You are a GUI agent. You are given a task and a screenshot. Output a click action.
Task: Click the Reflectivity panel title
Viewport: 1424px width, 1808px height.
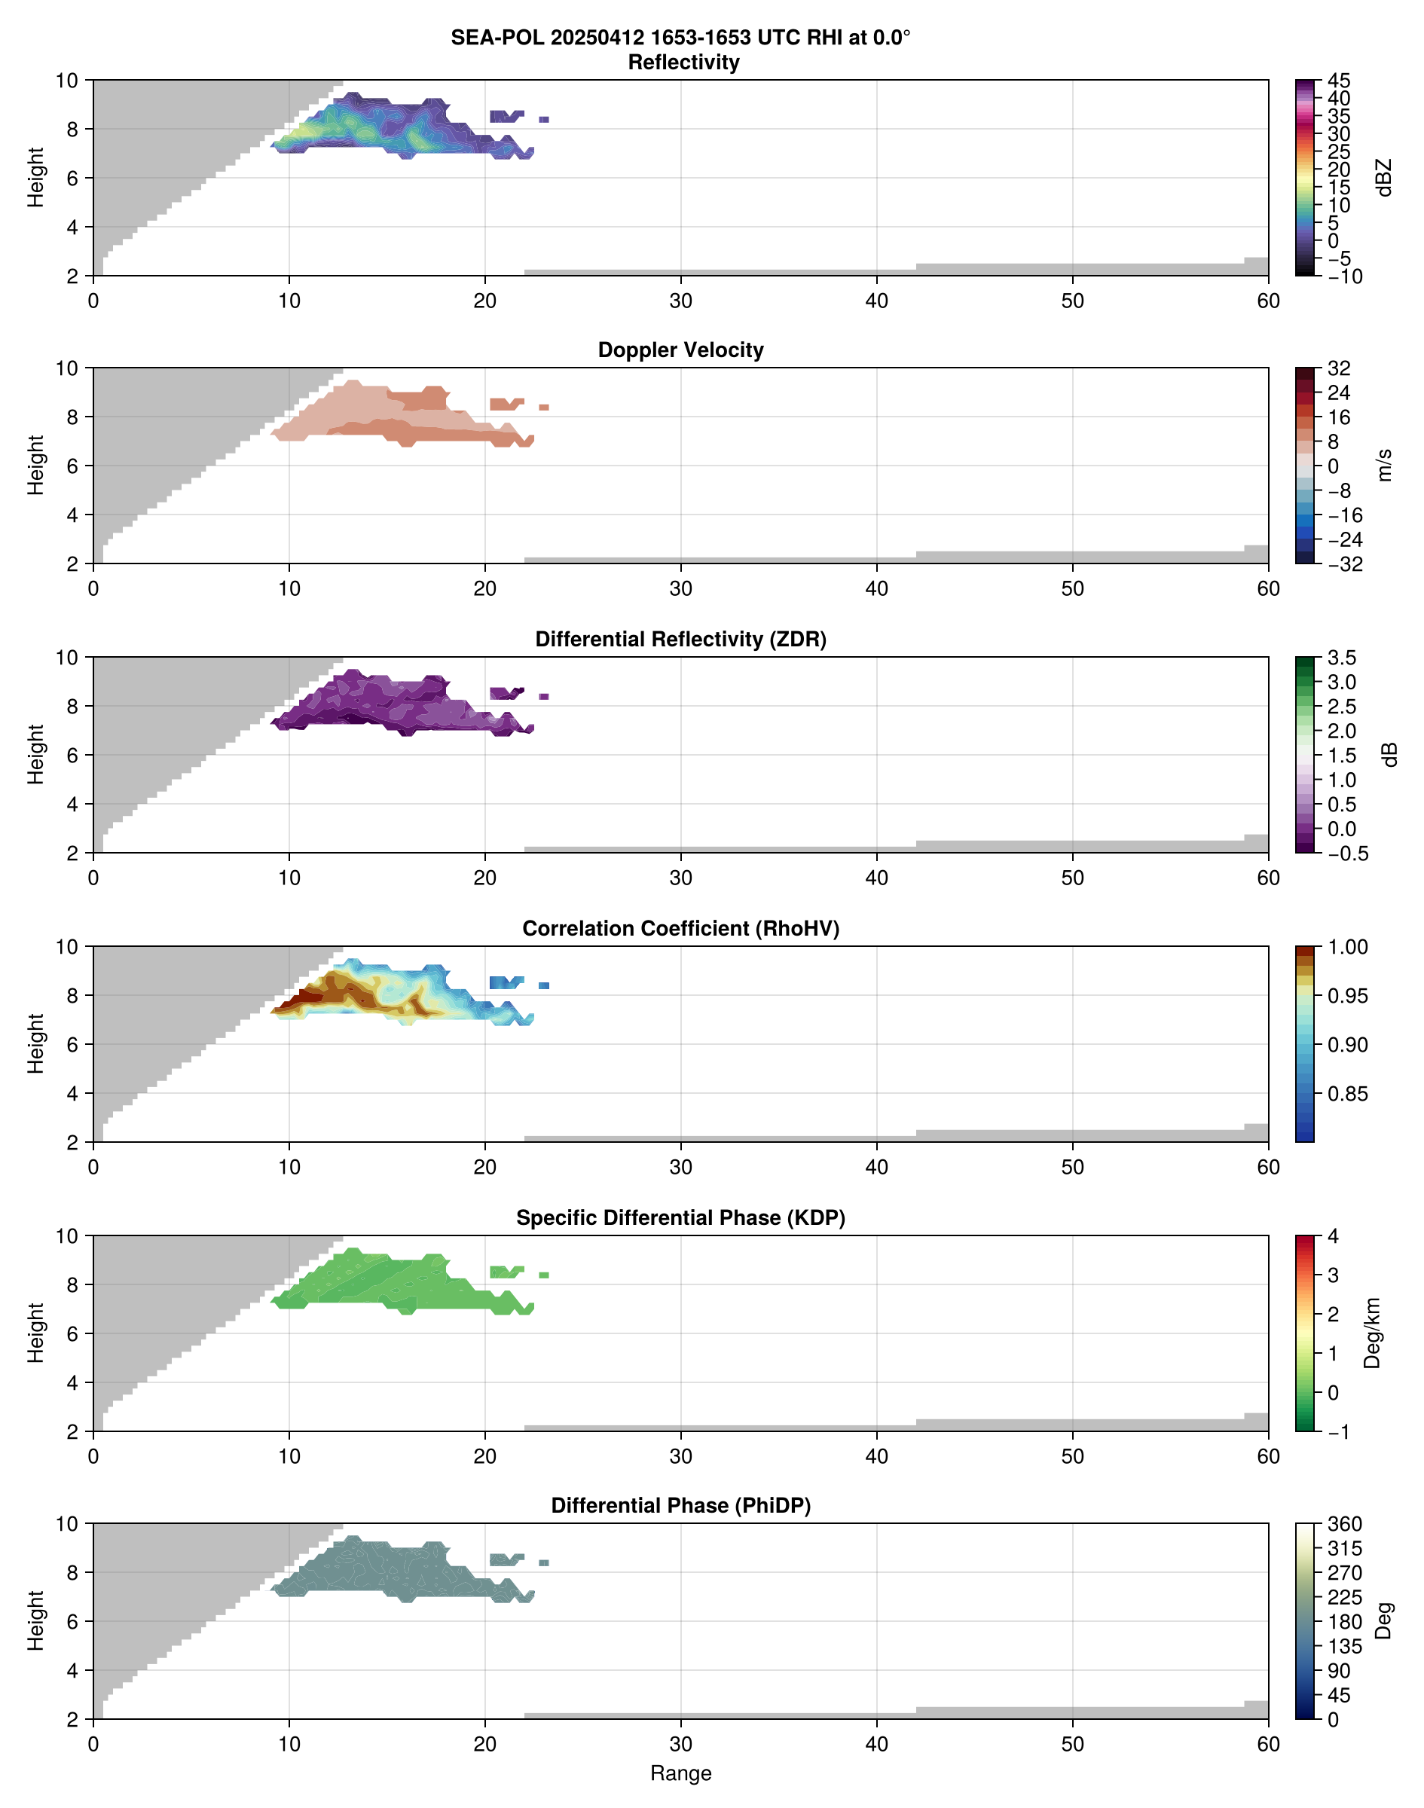(683, 63)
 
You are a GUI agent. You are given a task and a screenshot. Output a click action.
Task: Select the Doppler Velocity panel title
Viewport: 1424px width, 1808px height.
(680, 350)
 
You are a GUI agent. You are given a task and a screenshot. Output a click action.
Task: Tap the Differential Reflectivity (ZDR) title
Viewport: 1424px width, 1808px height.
(680, 640)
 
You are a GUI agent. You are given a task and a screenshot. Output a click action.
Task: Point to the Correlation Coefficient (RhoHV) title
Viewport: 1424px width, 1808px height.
(680, 929)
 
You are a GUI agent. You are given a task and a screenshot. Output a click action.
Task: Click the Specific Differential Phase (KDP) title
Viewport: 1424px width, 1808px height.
(680, 1218)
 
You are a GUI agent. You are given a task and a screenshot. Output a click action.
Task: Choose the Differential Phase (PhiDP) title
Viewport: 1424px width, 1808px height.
(680, 1505)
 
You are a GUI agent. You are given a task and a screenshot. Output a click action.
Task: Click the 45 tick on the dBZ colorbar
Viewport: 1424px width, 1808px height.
(1339, 81)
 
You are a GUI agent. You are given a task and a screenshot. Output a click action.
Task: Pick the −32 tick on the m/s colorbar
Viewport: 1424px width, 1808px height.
(1344, 564)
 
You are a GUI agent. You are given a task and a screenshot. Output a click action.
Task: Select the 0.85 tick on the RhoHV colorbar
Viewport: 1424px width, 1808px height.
(1346, 1094)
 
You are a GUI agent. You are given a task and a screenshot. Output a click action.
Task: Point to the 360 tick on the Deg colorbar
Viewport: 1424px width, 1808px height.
(1344, 1524)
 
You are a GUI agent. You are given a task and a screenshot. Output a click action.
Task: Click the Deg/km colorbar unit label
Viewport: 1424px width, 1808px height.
(1371, 1333)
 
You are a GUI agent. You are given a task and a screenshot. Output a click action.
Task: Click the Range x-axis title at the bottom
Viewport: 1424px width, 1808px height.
(680, 1773)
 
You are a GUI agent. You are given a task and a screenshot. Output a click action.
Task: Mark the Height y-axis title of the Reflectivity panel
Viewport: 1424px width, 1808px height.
(35, 178)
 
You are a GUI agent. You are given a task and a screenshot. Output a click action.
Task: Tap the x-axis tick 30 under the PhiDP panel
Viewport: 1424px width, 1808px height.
(680, 1744)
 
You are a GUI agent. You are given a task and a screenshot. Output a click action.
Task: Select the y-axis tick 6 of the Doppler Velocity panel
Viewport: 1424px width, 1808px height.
(72, 466)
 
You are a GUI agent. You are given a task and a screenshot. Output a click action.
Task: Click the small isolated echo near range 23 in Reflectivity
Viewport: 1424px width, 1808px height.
(543, 120)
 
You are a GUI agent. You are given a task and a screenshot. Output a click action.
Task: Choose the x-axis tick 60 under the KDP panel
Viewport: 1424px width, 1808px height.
(1268, 1456)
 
